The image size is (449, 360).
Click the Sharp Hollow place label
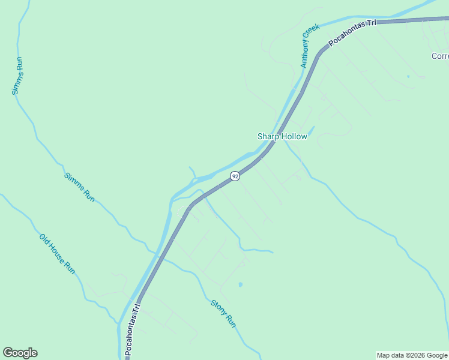282,136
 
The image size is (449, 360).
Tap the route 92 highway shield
235,176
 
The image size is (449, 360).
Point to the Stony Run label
223,313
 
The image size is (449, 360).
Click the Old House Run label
58,254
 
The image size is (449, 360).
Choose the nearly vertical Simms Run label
18,76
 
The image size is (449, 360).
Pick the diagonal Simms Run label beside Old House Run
80,187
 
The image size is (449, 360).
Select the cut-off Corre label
440,56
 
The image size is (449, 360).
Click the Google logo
20,353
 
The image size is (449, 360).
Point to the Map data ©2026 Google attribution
412,355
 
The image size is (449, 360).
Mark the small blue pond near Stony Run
240,284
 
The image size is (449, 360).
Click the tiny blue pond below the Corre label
408,76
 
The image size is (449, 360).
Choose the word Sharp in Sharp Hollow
269,136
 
